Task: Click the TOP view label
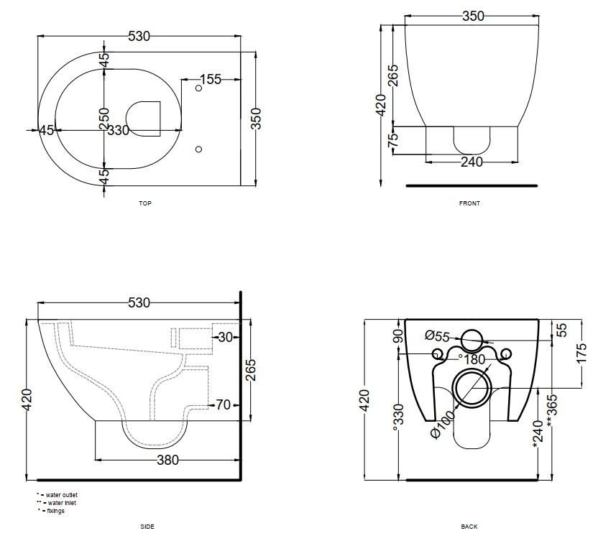click(145, 203)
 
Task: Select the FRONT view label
click(469, 203)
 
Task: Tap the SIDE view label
click(147, 527)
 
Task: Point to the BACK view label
click(469, 527)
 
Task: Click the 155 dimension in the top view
click(210, 79)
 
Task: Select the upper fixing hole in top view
click(198, 88)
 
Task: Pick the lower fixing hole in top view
click(198, 149)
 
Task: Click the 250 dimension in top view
click(103, 119)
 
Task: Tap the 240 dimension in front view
click(471, 162)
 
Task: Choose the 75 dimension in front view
click(392, 139)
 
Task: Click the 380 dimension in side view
click(167, 461)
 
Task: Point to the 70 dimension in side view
click(223, 404)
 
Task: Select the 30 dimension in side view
click(225, 337)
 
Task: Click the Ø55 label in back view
click(437, 336)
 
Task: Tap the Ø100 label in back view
click(443, 425)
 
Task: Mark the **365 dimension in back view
click(552, 410)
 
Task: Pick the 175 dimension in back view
click(581, 353)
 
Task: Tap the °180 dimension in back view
click(471, 359)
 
